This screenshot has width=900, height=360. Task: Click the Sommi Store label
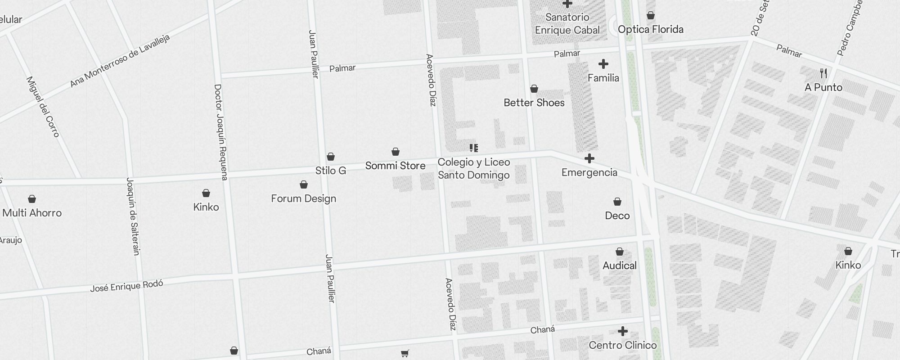[395, 166]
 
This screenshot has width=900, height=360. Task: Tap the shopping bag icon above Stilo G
[331, 157]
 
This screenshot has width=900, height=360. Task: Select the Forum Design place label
[303, 198]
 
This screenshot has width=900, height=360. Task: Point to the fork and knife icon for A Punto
[823, 73]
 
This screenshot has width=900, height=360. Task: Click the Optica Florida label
[650, 29]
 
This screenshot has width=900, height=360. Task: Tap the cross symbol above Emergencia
[589, 158]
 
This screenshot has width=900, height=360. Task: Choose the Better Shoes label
[534, 103]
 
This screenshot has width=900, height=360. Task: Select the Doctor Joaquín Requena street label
[221, 132]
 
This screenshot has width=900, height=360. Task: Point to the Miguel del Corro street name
[43, 107]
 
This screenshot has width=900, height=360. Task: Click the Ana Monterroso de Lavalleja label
[120, 60]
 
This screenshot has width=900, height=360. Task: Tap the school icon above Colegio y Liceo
[473, 148]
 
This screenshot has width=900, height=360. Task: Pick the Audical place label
[619, 265]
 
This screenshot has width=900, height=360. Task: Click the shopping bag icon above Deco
[617, 202]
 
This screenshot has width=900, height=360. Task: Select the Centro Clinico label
[622, 345]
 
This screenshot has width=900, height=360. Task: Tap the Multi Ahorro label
[32, 213]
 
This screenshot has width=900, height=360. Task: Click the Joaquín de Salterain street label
[133, 216]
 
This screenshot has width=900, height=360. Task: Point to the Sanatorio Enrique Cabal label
[567, 23]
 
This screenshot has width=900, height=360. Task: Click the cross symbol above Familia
[603, 64]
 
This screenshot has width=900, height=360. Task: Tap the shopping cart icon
[405, 354]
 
